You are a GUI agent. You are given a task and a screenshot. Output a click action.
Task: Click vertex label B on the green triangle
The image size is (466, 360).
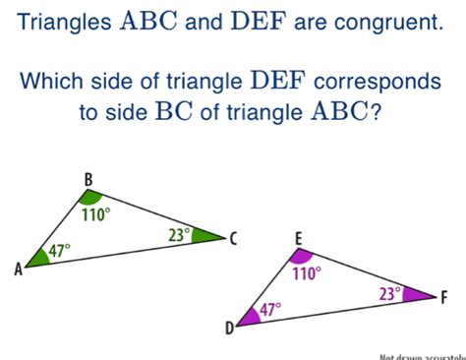[x=87, y=179]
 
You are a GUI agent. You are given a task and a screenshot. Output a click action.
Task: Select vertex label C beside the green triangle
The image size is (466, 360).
[x=233, y=238]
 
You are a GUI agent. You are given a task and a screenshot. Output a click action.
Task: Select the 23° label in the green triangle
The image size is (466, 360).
[x=178, y=234]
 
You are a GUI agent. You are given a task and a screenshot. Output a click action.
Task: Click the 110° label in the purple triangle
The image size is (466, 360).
[x=306, y=274]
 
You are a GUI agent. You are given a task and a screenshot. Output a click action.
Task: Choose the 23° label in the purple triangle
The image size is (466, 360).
[x=391, y=293]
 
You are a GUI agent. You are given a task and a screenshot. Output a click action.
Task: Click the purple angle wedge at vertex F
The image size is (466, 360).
[x=420, y=294]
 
